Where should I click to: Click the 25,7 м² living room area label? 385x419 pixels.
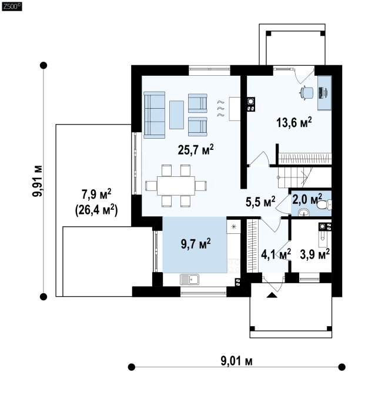196,150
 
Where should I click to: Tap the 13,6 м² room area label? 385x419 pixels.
294,122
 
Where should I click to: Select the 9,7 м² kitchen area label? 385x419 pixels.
196,244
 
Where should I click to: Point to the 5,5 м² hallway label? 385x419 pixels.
260,202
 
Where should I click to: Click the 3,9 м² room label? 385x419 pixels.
314,254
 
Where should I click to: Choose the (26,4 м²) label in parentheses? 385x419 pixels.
96,210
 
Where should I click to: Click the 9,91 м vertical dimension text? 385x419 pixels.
38,181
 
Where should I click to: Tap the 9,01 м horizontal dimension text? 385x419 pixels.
237,361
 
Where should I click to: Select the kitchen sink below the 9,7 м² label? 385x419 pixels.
189,279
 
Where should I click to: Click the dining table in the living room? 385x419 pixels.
176,186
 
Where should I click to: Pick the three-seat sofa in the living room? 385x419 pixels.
154,115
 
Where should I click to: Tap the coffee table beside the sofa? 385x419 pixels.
176,115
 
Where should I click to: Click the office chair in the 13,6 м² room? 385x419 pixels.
306,93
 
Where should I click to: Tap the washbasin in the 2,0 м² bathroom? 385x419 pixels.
304,213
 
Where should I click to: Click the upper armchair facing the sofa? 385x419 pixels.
197,103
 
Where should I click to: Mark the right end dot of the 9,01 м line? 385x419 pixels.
342,367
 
